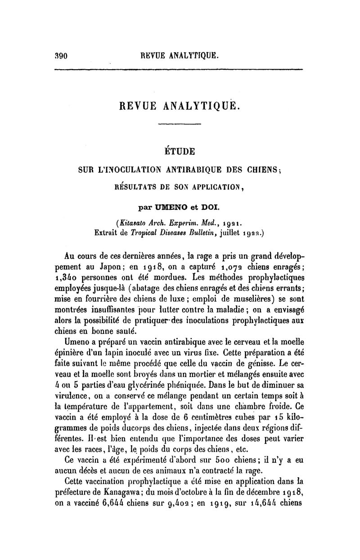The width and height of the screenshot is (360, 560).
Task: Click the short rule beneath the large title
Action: point(180,124)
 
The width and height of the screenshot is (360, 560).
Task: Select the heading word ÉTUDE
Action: point(180,151)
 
